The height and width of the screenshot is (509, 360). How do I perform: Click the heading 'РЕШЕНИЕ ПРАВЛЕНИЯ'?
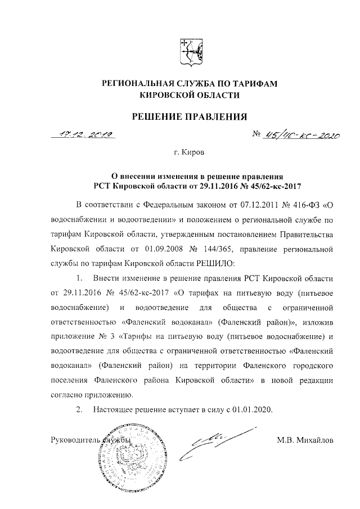pos(190,117)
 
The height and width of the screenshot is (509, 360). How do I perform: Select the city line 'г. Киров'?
pos(190,152)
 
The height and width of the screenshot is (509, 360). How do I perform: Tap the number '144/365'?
pos(225,247)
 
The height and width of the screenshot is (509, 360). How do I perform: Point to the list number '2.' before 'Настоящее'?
pos(80,409)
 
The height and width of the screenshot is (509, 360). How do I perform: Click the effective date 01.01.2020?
pos(252,409)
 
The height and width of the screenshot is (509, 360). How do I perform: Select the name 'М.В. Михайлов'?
pos(305,440)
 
